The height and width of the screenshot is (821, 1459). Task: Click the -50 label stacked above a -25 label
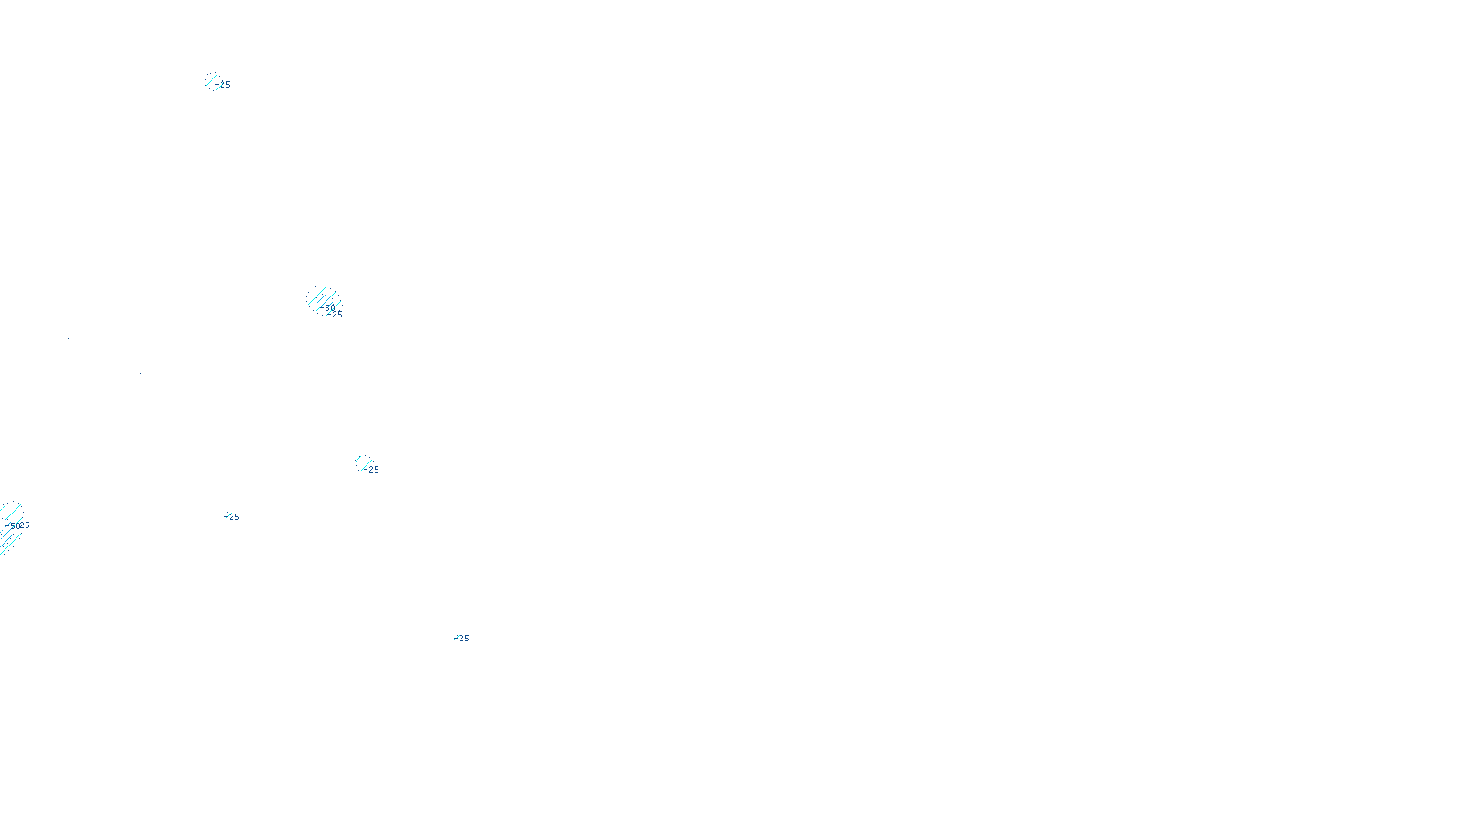[328, 307]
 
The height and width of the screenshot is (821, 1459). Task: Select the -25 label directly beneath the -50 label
[336, 315]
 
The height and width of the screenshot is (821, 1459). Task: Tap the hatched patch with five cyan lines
[324, 300]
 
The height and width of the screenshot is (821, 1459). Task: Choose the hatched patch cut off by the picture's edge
[9, 527]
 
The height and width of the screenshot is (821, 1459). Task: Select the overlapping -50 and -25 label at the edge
[18, 525]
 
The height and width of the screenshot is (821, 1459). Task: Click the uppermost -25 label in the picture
[223, 85]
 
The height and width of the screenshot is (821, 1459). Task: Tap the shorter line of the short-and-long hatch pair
[358, 460]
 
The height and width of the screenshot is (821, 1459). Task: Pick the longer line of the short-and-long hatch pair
[365, 465]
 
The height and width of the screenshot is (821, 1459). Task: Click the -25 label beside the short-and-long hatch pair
[372, 470]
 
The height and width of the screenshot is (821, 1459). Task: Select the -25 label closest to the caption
[462, 639]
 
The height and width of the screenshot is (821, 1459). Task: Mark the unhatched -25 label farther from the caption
[233, 517]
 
